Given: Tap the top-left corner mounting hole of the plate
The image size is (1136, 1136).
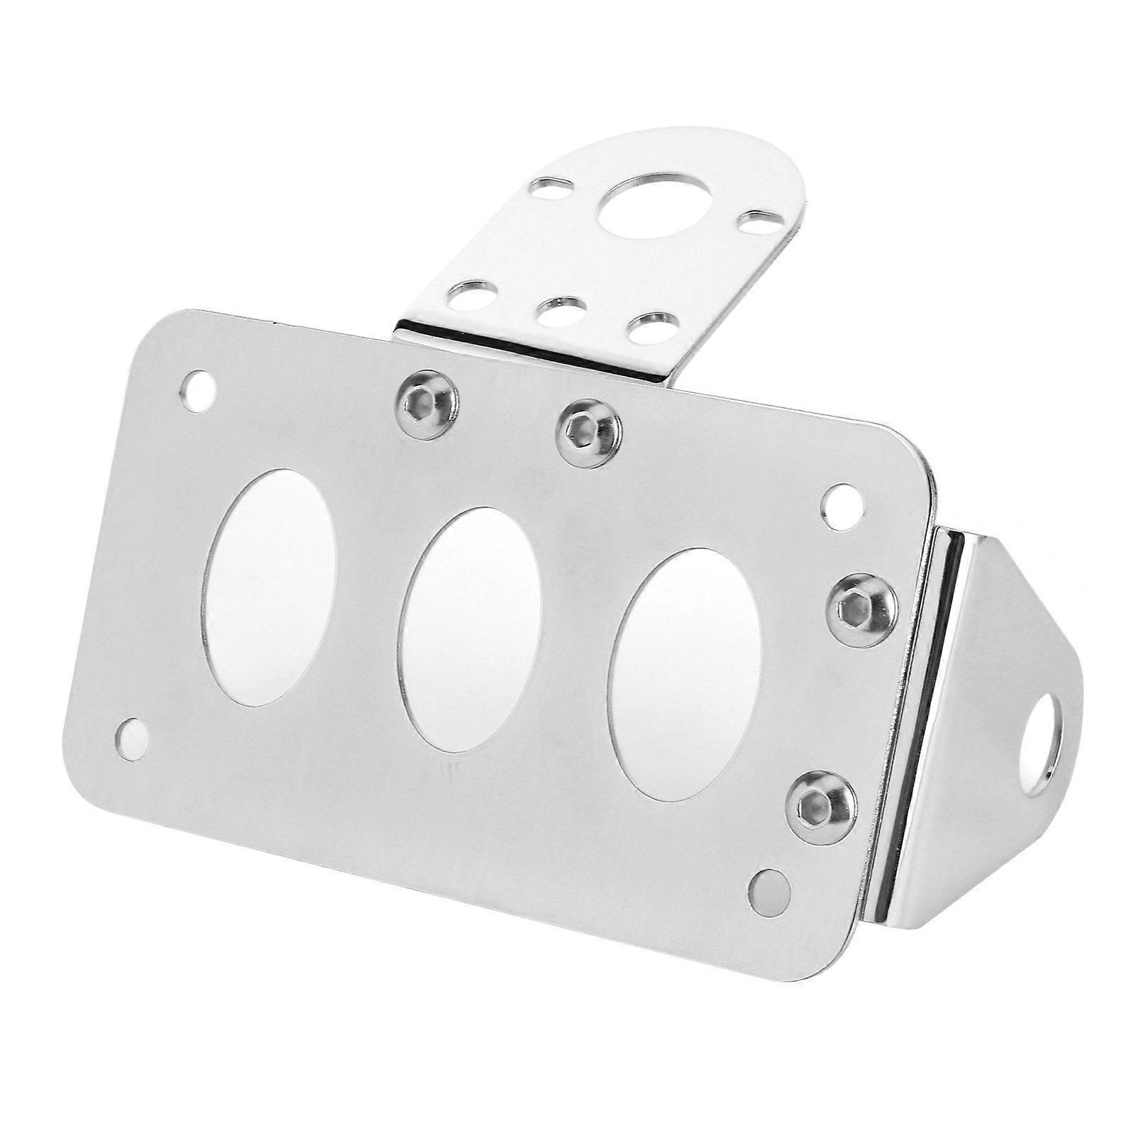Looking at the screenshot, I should click(x=197, y=389).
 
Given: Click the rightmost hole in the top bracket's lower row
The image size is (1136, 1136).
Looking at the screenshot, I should click(x=651, y=327).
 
